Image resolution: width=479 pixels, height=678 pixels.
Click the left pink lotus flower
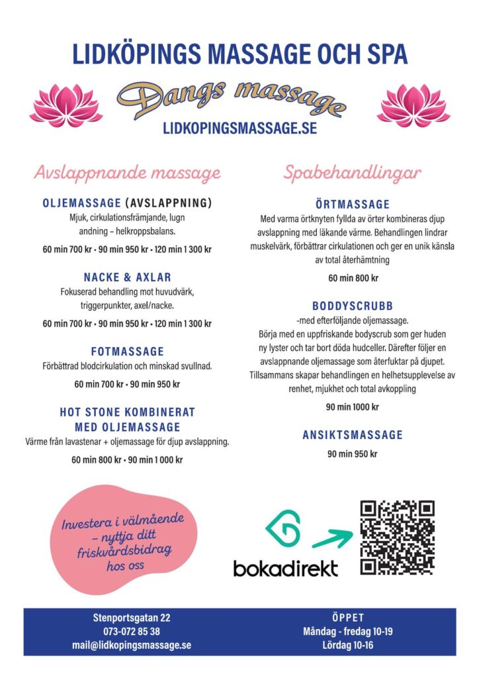click(65, 107)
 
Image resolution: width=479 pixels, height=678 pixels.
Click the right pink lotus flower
click(413, 106)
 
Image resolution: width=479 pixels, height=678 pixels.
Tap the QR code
click(397, 538)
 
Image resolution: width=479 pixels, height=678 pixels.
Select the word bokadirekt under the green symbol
click(285, 567)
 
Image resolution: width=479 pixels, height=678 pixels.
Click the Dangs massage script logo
click(231, 98)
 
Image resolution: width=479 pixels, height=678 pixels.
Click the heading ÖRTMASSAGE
click(352, 205)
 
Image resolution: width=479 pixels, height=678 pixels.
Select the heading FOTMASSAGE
click(127, 352)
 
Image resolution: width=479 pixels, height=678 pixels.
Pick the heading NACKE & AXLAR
click(127, 277)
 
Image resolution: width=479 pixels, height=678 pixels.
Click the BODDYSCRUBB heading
click(352, 306)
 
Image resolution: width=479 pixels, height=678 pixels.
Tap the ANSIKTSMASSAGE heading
click(352, 435)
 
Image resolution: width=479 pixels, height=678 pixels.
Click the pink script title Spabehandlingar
click(352, 173)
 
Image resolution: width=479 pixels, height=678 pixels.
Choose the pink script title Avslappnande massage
click(127, 173)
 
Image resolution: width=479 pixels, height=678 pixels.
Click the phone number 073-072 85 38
click(131, 631)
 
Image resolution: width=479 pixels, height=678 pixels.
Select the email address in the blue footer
click(131, 644)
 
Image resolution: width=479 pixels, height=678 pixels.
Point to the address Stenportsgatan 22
click(131, 618)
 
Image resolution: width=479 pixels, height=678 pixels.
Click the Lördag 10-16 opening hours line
click(348, 644)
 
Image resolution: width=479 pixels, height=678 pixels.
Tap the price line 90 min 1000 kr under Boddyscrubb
click(352, 407)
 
